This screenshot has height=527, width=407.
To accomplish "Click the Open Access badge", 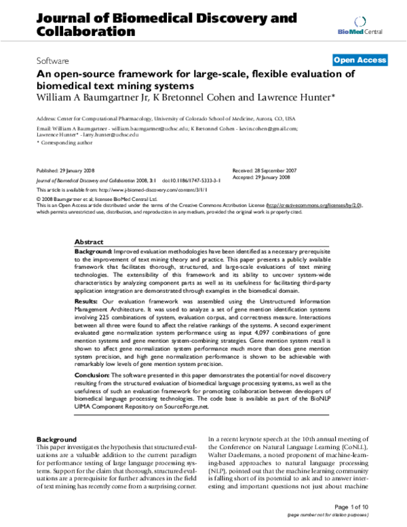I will coord(360,60).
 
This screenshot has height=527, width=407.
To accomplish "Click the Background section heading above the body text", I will coord(56,439).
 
